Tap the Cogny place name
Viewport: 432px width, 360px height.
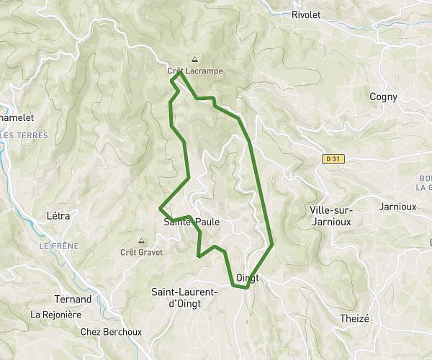[382, 96]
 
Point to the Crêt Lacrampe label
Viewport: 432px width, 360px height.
[195, 71]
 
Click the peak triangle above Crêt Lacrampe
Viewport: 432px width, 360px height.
[194, 60]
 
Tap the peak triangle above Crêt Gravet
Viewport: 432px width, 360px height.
[141, 241]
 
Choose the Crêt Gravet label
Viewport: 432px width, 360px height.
[141, 252]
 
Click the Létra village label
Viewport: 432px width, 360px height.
[58, 215]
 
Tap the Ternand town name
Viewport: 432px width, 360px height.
[73, 299]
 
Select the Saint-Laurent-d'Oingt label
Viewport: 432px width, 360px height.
[184, 297]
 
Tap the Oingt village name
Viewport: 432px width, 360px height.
[247, 278]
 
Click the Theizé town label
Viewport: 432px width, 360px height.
[354, 318]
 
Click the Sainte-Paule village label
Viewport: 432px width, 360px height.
[192, 222]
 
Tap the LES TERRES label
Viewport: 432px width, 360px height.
[24, 135]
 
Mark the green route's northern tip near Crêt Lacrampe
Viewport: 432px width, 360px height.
[179, 72]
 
